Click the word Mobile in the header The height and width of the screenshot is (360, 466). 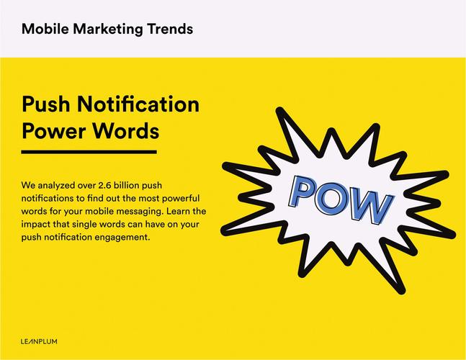coord(45,29)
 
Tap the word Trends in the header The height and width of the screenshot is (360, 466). coord(170,29)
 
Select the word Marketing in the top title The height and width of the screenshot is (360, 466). coord(108,30)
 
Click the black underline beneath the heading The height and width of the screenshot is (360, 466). coord(89,152)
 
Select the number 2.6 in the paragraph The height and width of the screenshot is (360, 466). coord(104,185)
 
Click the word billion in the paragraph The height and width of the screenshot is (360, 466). coord(126,185)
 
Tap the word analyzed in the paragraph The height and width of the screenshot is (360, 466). coord(56,186)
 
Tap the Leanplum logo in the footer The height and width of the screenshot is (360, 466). coord(39,341)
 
